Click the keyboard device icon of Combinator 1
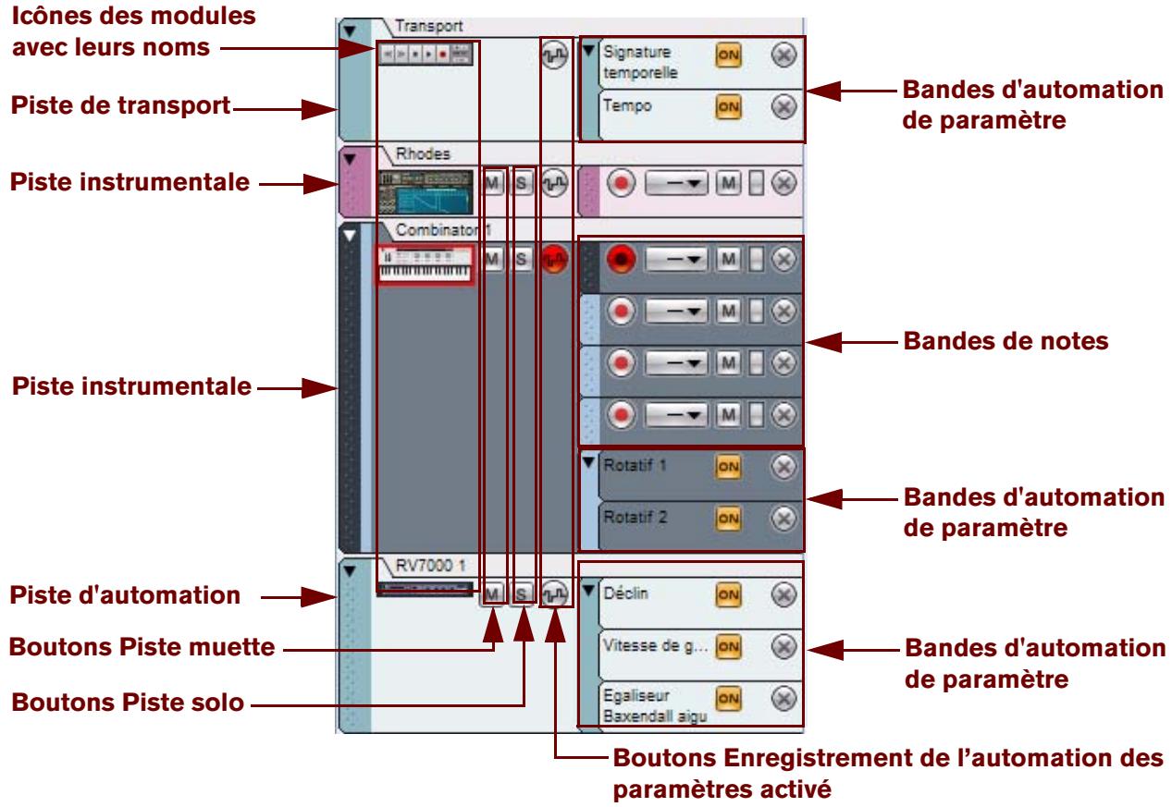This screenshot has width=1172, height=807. click(x=426, y=264)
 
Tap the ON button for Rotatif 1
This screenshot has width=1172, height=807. click(x=728, y=468)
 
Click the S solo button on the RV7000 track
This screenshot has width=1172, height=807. click(x=523, y=593)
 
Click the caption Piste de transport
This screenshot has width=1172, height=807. click(x=120, y=106)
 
